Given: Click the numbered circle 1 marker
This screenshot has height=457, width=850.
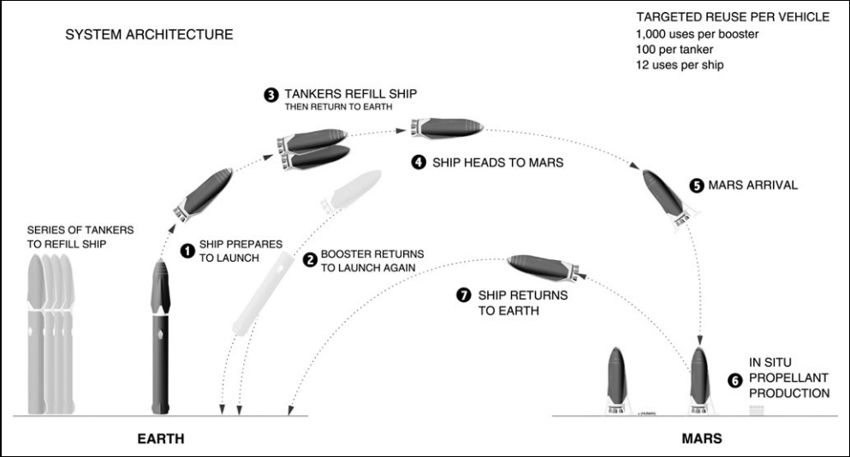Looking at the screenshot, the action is point(187,251).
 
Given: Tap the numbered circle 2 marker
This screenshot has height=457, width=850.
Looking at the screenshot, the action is point(310,260).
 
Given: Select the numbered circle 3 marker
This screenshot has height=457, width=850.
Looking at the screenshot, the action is point(271,95).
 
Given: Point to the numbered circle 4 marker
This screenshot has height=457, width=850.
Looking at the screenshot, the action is point(419,162).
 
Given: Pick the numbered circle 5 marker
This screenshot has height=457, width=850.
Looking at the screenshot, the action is point(697,186).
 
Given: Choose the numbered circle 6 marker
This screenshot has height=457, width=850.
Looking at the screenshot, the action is point(735,381).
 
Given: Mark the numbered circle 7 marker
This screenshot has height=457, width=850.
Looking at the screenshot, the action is point(463,295).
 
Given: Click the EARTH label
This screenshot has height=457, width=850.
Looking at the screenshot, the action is point(161,438).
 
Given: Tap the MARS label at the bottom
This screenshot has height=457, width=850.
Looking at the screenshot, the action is point(702,438).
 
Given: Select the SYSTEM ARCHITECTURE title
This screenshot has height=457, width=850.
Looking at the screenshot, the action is point(149,35).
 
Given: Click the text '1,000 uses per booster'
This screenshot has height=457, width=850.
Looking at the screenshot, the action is point(697,34).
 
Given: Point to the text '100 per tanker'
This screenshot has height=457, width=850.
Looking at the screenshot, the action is point(675,50).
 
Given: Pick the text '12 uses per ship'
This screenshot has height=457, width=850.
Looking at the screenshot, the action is point(680,65).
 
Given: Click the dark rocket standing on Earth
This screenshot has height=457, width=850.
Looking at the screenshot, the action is point(160,337).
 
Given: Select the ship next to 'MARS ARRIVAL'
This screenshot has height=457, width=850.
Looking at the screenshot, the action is point(668,199).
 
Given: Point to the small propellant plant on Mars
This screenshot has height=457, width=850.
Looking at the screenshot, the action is point(757,411).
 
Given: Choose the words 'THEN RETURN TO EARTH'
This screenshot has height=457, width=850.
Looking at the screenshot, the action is point(339,107).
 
